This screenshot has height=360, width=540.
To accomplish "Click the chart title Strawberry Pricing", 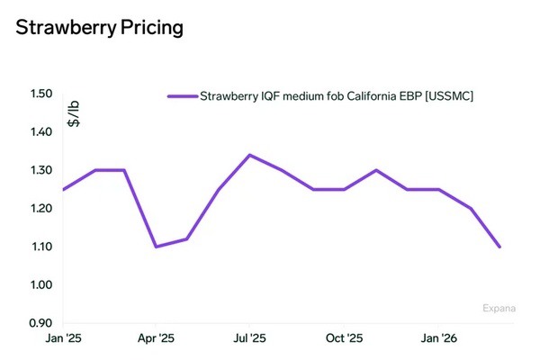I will (x=100, y=28).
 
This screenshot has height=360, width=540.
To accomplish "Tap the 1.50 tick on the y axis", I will (x=40, y=94).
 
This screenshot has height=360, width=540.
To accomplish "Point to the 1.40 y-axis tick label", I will (x=40, y=132).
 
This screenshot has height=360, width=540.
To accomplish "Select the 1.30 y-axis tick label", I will (x=40, y=170).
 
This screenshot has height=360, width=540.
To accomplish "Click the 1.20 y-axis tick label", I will (x=40, y=209).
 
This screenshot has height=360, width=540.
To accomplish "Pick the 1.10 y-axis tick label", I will (x=40, y=247).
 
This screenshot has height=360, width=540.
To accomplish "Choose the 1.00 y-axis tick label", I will (x=40, y=284).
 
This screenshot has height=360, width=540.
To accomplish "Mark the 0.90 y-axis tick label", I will (x=40, y=322).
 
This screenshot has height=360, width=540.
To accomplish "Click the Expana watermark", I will (x=499, y=309).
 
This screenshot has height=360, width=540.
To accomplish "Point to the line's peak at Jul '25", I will (x=249, y=155).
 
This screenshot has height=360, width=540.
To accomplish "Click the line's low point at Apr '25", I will (x=156, y=247).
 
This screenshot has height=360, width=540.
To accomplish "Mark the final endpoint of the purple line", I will (x=500, y=247).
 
